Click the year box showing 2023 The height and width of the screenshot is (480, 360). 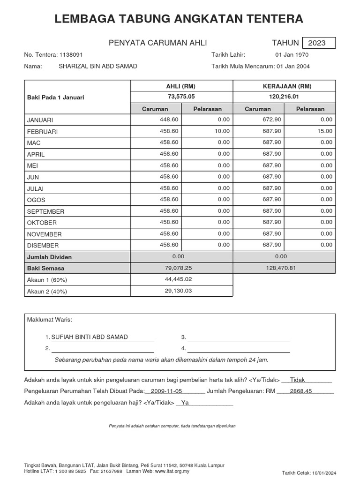click(x=319, y=43)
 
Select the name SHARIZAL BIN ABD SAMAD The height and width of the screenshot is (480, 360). click(x=97, y=66)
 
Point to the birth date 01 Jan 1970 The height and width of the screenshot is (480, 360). click(x=292, y=55)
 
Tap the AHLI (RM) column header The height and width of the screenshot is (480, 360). click(x=181, y=86)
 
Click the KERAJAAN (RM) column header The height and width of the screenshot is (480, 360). click(x=284, y=86)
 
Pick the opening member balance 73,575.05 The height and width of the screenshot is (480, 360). click(x=181, y=97)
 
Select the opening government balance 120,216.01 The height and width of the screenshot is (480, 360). click(x=284, y=97)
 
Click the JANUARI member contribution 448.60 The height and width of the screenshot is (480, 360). click(x=169, y=120)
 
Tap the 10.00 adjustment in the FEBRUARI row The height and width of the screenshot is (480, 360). click(x=222, y=131)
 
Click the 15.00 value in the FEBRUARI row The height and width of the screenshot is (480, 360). click(x=325, y=131)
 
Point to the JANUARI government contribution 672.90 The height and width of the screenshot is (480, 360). click(x=272, y=120)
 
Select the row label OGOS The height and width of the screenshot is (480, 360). click(x=36, y=200)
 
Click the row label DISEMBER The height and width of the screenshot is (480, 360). click(x=43, y=246)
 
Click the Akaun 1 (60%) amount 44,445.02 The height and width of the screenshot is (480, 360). click(x=179, y=279)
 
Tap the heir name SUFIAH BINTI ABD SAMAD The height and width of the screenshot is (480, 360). click(x=89, y=337)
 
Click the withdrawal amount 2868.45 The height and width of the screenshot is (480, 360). click(x=300, y=391)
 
